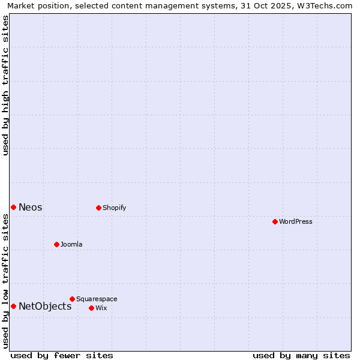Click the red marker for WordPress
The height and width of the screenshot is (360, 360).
pos(275,221)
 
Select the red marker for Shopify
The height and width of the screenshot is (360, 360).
pos(98,208)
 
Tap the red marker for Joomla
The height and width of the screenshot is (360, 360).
pos(56,244)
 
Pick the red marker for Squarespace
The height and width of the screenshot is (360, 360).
pos(72,299)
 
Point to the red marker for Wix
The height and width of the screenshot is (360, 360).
pos(91,308)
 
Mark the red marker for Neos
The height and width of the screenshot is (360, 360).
pos(13,207)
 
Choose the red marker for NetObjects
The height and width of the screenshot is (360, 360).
pos(13,306)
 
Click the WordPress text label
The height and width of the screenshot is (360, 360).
pos(296,221)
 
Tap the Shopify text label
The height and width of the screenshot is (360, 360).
pos(114,208)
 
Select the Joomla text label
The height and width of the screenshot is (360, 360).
pos(71,244)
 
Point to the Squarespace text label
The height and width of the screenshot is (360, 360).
pos(97,299)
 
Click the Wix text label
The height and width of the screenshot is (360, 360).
pos(101,308)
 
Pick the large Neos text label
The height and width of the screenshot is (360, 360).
pos(31,207)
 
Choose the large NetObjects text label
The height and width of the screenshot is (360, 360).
pos(45,306)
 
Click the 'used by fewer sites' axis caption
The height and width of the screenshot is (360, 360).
pos(62,355)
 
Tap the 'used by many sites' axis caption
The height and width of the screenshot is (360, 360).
pos(301,355)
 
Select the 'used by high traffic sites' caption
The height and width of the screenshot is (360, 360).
pos(5,85)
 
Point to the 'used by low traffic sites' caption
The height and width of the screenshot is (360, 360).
pos(5,281)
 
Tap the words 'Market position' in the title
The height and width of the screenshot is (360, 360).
pos(37,5)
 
